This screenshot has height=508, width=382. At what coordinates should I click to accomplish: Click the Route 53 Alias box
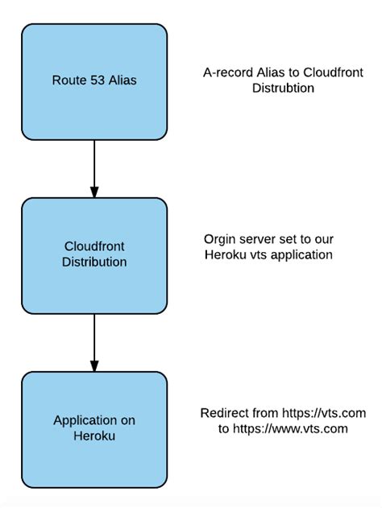click(x=94, y=81)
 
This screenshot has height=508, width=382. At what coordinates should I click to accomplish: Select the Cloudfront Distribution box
click(x=94, y=255)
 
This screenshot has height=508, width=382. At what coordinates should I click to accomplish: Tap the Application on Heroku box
click(x=94, y=427)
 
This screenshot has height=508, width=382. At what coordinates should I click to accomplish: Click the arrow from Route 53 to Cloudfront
click(x=94, y=168)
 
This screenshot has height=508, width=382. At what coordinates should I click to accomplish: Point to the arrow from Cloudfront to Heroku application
click(x=94, y=342)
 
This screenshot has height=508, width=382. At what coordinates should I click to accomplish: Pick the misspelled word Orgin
click(x=219, y=239)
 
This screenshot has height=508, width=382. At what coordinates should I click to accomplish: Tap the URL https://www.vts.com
click(x=290, y=428)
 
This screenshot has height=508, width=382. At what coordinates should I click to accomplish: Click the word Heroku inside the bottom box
click(x=94, y=436)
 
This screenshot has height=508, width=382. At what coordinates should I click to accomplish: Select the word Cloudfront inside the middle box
click(x=94, y=247)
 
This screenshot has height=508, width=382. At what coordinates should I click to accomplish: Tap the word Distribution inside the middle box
click(x=94, y=262)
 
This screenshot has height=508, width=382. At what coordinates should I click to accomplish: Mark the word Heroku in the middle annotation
click(x=224, y=254)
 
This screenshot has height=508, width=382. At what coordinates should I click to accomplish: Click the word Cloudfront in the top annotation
click(x=322, y=72)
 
